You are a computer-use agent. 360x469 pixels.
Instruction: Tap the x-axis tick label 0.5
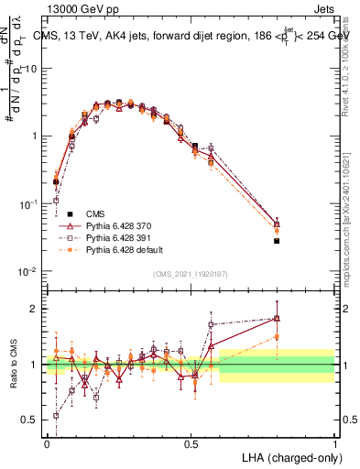coord(191,442)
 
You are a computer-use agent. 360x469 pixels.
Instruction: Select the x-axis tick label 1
coord(334,442)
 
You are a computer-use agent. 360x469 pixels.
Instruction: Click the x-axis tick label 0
coord(47,442)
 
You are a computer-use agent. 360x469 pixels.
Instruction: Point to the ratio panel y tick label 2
coord(34,309)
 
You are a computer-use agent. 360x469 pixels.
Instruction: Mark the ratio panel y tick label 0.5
coord(30,420)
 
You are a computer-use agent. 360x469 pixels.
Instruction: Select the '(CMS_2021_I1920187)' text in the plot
coord(190,272)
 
